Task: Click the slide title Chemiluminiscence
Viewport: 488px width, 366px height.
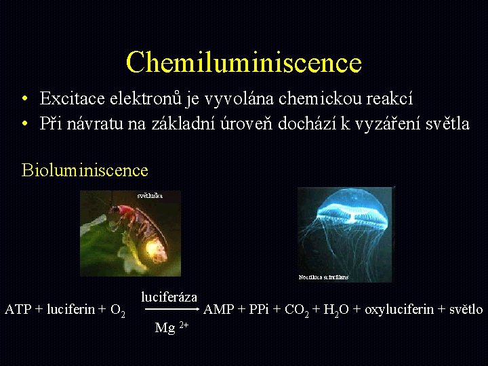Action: (x=243, y=62)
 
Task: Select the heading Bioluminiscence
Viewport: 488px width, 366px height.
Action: (x=85, y=169)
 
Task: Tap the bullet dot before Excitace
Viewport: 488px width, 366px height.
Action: (x=24, y=100)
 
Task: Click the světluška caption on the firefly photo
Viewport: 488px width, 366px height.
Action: (x=150, y=195)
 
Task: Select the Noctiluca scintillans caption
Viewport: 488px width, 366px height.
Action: (x=323, y=277)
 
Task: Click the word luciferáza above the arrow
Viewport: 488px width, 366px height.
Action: (x=169, y=297)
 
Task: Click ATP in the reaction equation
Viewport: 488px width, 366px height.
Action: (x=18, y=310)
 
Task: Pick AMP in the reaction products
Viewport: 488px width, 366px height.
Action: (x=219, y=310)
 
